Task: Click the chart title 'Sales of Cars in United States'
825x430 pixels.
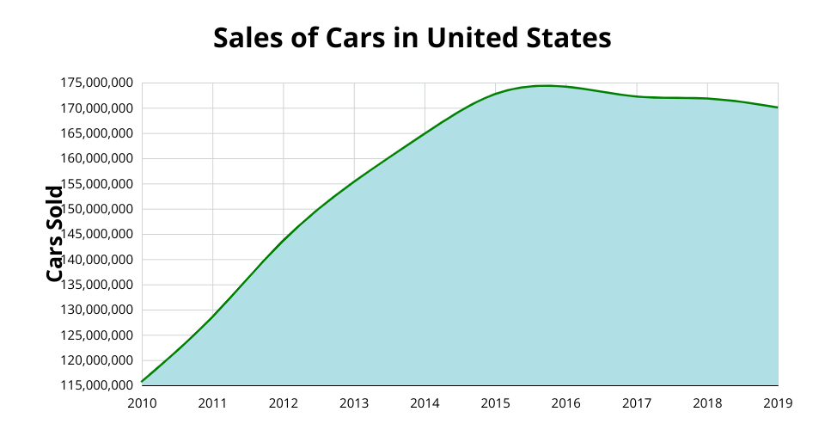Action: tap(412, 38)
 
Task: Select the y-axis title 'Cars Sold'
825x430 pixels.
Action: tap(54, 234)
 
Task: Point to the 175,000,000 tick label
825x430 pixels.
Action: tap(96, 83)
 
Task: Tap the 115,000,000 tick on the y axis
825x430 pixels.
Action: tap(96, 385)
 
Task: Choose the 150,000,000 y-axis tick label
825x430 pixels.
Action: tap(96, 209)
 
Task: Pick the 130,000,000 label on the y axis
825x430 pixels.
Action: tap(96, 310)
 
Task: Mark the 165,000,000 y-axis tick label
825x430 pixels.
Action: tap(96, 133)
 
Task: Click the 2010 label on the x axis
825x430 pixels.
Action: tap(142, 402)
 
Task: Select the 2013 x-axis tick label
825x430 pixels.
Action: tap(354, 402)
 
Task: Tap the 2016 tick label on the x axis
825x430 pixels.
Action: tap(566, 402)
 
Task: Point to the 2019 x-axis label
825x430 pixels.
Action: tap(778, 402)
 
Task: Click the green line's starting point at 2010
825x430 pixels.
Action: tap(143, 381)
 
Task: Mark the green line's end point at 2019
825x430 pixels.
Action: tap(777, 107)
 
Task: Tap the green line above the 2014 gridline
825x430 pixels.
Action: tap(425, 133)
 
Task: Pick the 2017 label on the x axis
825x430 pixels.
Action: tap(637, 402)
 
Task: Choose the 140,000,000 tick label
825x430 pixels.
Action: tap(96, 260)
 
